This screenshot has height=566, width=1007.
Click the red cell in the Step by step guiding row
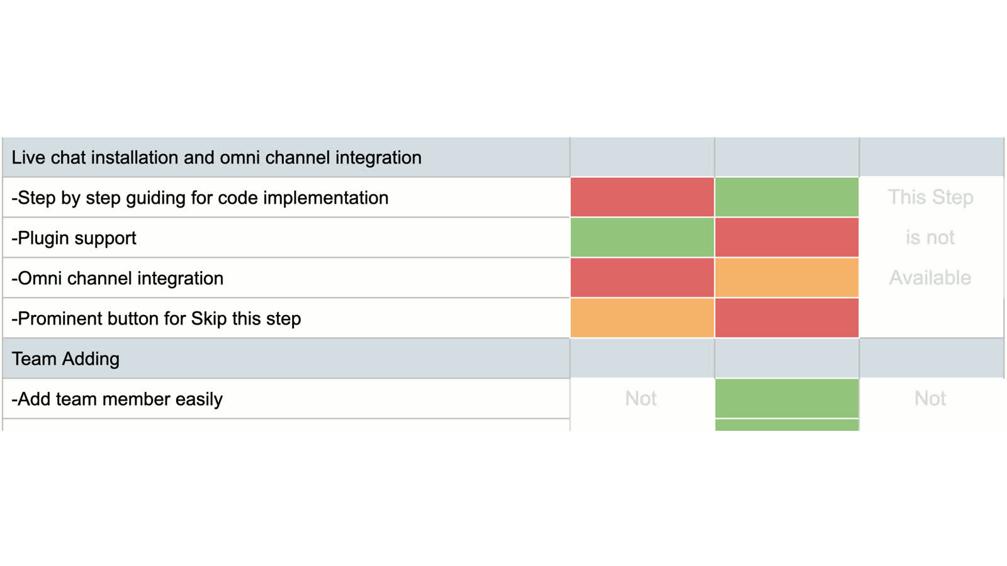642,197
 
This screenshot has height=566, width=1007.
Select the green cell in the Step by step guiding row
787,197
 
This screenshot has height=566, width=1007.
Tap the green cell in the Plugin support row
642,238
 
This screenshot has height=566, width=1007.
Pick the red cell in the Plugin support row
787,238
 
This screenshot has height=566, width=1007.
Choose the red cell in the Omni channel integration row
642,278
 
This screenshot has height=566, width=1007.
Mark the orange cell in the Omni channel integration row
787,278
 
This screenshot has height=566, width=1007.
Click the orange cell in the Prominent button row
642,318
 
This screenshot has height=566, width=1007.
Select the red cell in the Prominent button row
787,318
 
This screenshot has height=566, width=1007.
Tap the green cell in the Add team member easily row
787,398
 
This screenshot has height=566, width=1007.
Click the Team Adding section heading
65,359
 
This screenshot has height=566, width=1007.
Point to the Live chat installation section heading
217,158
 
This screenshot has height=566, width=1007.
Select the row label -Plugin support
74,238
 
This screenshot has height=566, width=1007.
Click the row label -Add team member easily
117,399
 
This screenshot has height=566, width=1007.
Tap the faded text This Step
930,197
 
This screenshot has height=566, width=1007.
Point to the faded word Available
930,278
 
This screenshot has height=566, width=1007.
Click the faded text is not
930,238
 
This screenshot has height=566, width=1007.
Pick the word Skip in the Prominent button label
209,319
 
